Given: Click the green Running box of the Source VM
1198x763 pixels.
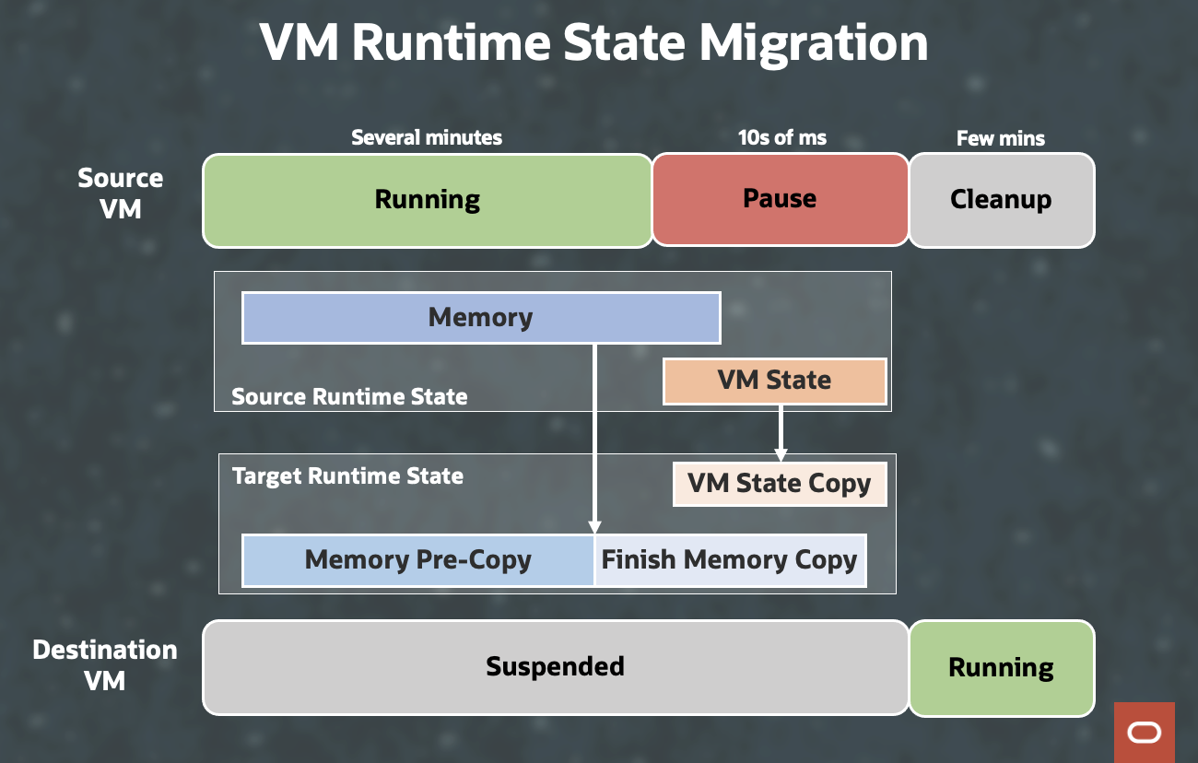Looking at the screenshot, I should (x=427, y=200).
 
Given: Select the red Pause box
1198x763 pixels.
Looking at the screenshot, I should (x=780, y=200).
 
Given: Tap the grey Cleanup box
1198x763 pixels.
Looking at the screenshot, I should (x=1001, y=200).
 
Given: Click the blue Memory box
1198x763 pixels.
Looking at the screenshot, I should (x=480, y=318).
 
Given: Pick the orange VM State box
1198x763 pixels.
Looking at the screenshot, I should (x=774, y=381).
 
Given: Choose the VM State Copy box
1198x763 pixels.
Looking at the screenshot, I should (x=779, y=484).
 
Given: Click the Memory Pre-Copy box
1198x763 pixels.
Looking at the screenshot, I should (x=417, y=559).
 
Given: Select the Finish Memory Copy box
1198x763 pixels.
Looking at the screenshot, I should (x=729, y=559).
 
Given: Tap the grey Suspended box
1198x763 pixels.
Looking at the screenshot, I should (x=555, y=667).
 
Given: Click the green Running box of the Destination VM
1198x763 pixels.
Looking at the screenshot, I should (x=1001, y=667).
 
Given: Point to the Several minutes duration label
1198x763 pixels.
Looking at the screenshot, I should (x=427, y=138).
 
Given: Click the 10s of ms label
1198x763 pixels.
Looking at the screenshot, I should (x=782, y=138).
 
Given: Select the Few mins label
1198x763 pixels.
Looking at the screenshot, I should (x=1001, y=139).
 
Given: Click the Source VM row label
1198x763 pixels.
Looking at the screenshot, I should (x=121, y=194).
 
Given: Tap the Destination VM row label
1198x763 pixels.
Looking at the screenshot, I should (x=105, y=665).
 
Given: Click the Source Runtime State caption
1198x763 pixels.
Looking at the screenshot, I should (x=349, y=397).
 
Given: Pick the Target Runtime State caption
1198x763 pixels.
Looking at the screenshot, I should (x=347, y=476).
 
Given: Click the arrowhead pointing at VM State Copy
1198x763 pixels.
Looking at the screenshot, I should (x=781, y=454).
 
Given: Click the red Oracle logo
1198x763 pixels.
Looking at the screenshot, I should (x=1144, y=733).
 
